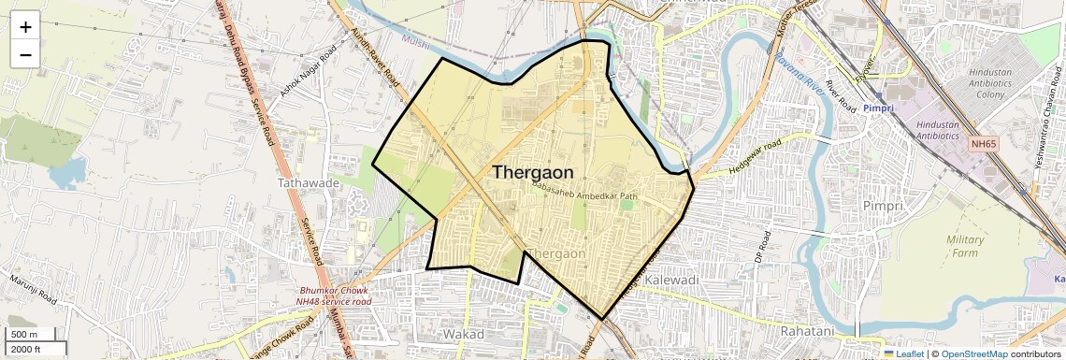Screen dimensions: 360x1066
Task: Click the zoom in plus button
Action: pyautogui.click(x=25, y=27)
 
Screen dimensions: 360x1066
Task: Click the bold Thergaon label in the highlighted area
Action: pyautogui.click(x=532, y=173)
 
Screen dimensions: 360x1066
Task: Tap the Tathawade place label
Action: pyautogui.click(x=308, y=183)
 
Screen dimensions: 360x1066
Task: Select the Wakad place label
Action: pyautogui.click(x=463, y=334)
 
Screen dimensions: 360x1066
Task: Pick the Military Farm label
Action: pyautogui.click(x=965, y=246)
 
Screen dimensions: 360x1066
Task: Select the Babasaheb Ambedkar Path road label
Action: pyautogui.click(x=583, y=191)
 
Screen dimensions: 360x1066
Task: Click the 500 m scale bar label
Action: pyautogui.click(x=24, y=335)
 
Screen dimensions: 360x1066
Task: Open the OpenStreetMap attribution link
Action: pyautogui.click(x=973, y=353)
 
